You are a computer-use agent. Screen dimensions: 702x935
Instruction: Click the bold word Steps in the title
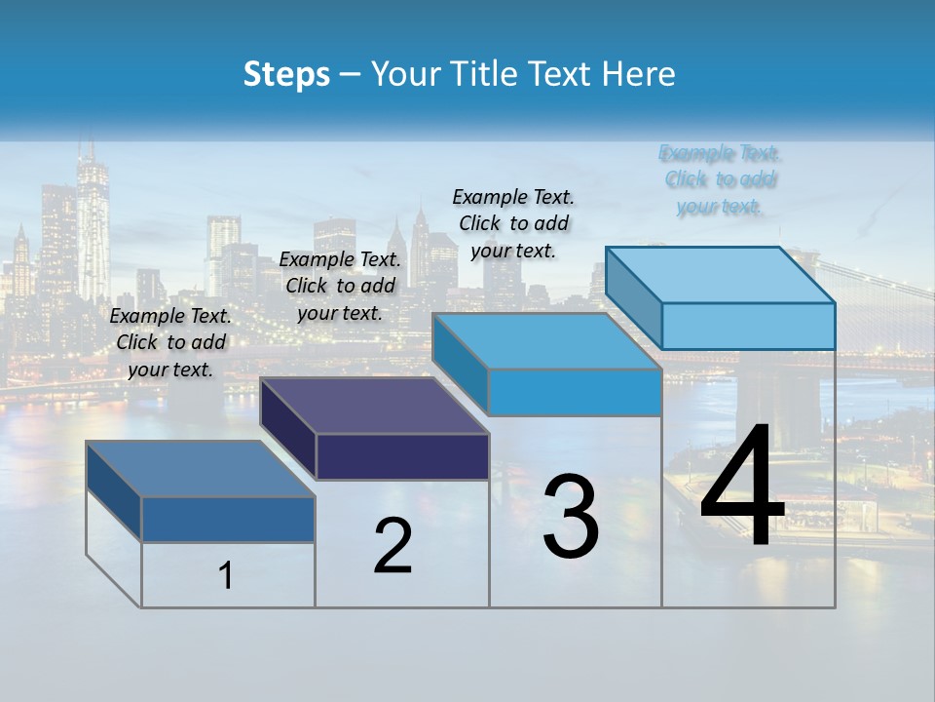[x=286, y=74]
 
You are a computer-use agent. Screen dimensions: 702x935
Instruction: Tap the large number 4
[x=742, y=487]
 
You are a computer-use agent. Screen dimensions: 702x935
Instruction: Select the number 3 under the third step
[x=571, y=517]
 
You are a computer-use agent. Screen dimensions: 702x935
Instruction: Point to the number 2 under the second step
[x=393, y=546]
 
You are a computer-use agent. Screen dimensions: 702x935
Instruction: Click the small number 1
[x=226, y=576]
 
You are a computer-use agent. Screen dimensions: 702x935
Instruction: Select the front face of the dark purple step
[x=402, y=456]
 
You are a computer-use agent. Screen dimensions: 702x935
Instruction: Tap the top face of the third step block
[x=545, y=341]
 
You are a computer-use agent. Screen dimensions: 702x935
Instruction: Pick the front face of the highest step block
[x=748, y=326]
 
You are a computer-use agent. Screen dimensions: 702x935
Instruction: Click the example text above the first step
[x=170, y=342]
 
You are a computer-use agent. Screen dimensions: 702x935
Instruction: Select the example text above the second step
[x=340, y=286]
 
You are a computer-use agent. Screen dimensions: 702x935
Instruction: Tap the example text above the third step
[x=513, y=223]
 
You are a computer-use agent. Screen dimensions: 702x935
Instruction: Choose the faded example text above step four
[x=720, y=179]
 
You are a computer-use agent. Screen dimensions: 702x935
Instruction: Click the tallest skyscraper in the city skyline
[x=93, y=224]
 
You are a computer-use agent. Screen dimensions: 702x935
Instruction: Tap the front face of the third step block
[x=575, y=392]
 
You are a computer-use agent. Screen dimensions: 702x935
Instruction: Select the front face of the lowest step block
[x=228, y=520]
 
